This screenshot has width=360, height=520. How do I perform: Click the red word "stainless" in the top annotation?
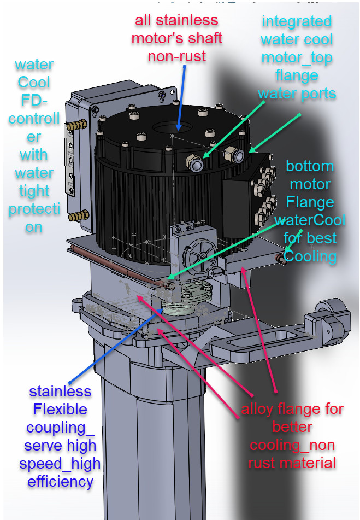[x=187, y=21]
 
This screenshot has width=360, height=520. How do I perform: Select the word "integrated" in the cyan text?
[x=297, y=21]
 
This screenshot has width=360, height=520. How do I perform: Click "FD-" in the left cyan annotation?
[x=34, y=101]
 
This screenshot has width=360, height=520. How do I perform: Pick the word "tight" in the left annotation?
[x=34, y=191]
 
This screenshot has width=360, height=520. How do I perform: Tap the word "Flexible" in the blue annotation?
[x=60, y=409]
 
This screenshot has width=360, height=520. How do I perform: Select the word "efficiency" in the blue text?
[x=60, y=482]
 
